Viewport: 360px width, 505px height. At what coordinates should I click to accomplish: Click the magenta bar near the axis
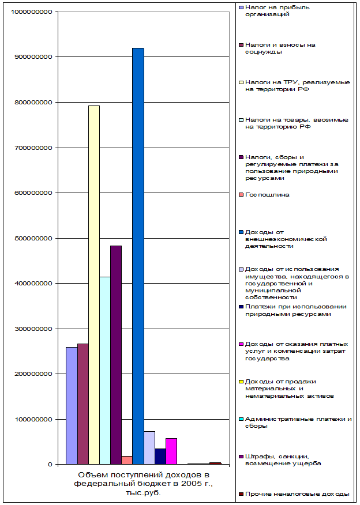pos(171,451)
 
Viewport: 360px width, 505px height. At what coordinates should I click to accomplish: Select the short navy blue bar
pos(160,456)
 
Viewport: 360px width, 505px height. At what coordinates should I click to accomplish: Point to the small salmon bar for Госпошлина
pos(127,460)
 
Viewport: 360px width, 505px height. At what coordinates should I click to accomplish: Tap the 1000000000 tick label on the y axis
pos(32,12)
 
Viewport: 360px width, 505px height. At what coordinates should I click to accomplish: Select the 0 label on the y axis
pos(51,464)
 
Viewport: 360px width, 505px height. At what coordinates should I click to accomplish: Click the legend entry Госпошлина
pos(267,195)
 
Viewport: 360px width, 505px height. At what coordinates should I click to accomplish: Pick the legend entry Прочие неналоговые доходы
pos(297,494)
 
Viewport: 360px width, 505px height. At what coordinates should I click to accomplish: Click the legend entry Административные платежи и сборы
pos(297,423)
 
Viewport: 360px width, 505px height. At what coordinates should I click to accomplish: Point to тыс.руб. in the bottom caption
pos(142,493)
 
